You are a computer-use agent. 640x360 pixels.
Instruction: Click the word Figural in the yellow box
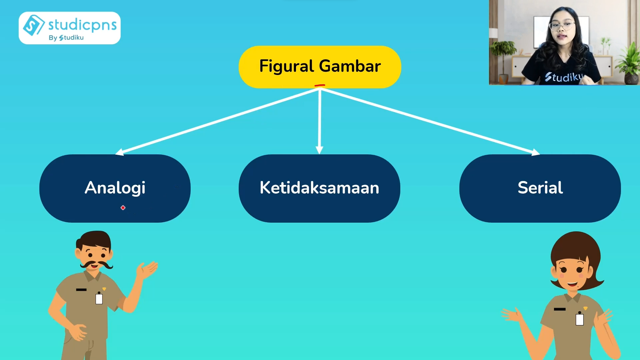pos(286,66)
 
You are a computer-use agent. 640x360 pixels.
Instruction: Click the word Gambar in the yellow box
pos(350,66)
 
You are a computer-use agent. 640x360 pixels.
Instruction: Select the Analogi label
pos(115,188)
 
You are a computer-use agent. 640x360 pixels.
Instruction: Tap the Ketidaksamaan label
pos(319,188)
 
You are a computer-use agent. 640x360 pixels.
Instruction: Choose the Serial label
pos(540,187)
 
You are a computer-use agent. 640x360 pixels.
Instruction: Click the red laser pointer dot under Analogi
pos(123,208)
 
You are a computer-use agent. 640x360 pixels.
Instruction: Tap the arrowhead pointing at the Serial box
pos(535,152)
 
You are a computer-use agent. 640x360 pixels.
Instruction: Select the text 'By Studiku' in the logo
pos(66,38)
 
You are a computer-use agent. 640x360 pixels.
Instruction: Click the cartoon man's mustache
pos(96,265)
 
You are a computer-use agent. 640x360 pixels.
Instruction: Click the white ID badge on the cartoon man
pos(99,298)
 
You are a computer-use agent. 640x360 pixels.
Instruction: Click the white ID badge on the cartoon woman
pos(580,319)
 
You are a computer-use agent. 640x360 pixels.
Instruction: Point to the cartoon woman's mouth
pos(573,284)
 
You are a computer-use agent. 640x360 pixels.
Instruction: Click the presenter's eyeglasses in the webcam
pos(562,25)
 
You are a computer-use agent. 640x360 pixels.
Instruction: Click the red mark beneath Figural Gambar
pos(320,86)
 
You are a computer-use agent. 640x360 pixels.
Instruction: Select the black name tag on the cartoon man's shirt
pos(81,290)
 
